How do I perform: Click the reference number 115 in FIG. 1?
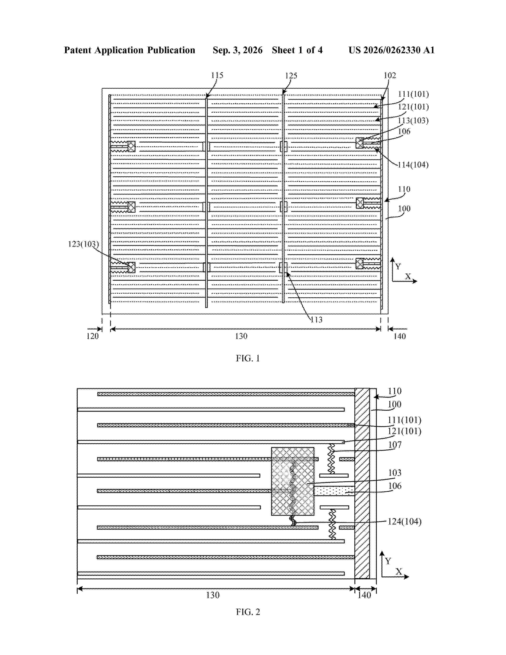click(217, 75)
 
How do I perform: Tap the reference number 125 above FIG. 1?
click(291, 76)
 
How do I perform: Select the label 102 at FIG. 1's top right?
click(390, 75)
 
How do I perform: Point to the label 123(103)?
click(83, 244)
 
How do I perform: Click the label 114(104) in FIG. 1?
click(413, 165)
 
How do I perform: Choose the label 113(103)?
click(413, 120)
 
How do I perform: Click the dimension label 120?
click(93, 336)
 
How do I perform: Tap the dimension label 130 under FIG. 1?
click(241, 336)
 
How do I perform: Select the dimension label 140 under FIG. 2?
click(365, 595)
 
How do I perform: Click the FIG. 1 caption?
click(248, 358)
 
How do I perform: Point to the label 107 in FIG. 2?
click(395, 445)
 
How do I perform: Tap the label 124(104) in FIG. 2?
click(405, 522)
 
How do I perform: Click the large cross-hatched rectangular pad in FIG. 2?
click(292, 481)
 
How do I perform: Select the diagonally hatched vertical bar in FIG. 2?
click(362, 484)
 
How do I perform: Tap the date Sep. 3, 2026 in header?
click(237, 50)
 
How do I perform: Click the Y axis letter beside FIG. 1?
click(398, 266)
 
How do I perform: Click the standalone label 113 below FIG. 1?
click(316, 320)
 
